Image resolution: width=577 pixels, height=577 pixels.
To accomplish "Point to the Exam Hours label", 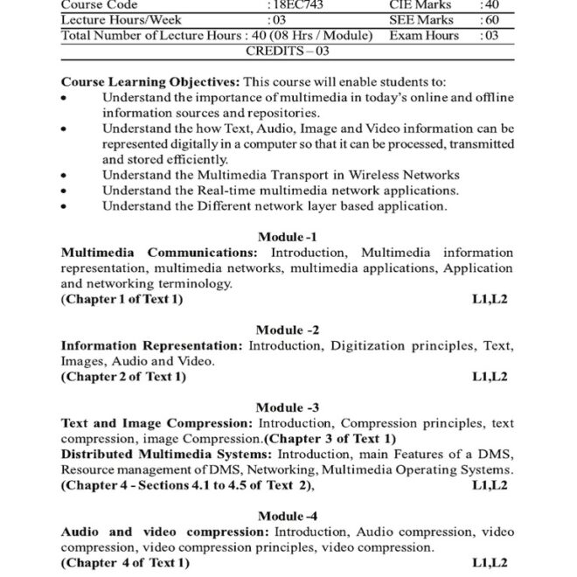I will [x=424, y=36].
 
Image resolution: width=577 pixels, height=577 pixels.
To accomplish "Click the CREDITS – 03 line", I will [x=288, y=52].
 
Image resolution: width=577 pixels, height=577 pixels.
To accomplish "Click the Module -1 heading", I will [x=288, y=237].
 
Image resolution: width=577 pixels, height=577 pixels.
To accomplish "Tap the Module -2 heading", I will [x=288, y=330].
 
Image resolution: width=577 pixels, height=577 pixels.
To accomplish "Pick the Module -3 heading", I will [x=288, y=407].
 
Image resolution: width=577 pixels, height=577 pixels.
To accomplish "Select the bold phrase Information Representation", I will [x=152, y=345].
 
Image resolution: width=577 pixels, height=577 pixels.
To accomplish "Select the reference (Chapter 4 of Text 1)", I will [x=124, y=562].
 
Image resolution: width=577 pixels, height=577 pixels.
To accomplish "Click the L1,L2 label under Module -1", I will [x=490, y=299].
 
